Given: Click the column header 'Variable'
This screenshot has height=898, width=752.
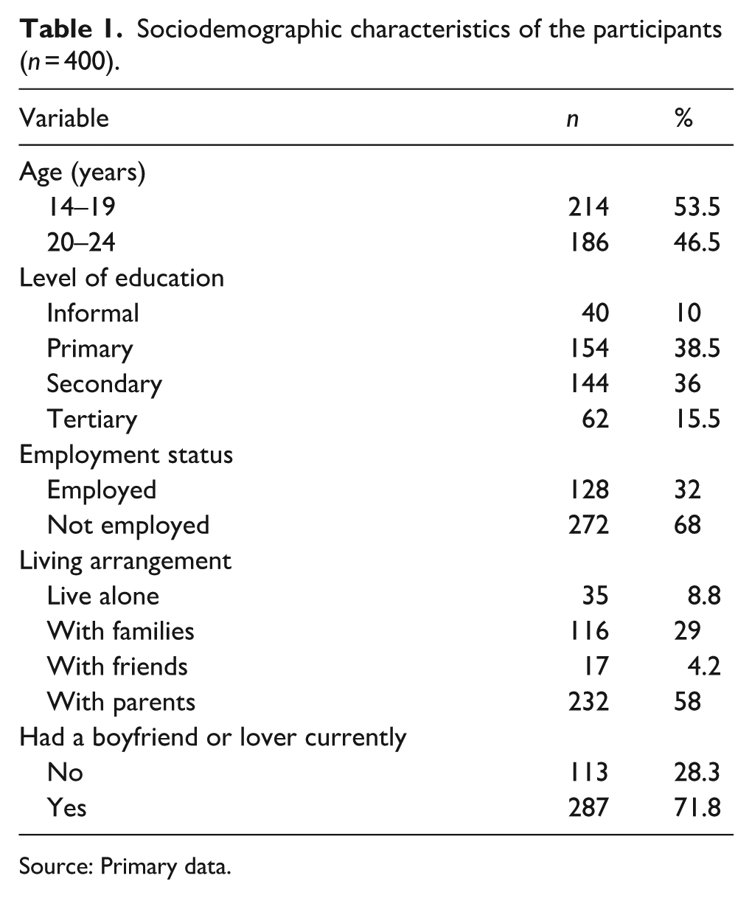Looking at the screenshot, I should click(x=64, y=118).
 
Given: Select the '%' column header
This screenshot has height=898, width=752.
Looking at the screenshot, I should click(x=683, y=118).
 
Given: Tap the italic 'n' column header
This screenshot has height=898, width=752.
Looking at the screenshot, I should click(x=571, y=119).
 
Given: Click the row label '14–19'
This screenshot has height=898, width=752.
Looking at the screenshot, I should click(x=81, y=207).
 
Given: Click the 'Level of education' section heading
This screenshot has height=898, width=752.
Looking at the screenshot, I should click(x=122, y=278).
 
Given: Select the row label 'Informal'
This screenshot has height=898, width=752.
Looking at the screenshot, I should click(x=93, y=313).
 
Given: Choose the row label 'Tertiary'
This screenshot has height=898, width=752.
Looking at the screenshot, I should click(x=92, y=420).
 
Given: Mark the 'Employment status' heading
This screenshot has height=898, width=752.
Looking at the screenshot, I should click(x=126, y=455).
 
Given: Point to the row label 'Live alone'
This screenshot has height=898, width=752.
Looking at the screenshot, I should click(x=103, y=596).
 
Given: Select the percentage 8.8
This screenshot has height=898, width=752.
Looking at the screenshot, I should click(x=701, y=596).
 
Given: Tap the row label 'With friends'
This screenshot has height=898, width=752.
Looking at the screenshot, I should click(x=117, y=667).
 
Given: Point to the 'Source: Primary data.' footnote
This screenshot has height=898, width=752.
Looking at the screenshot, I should click(x=125, y=866).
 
